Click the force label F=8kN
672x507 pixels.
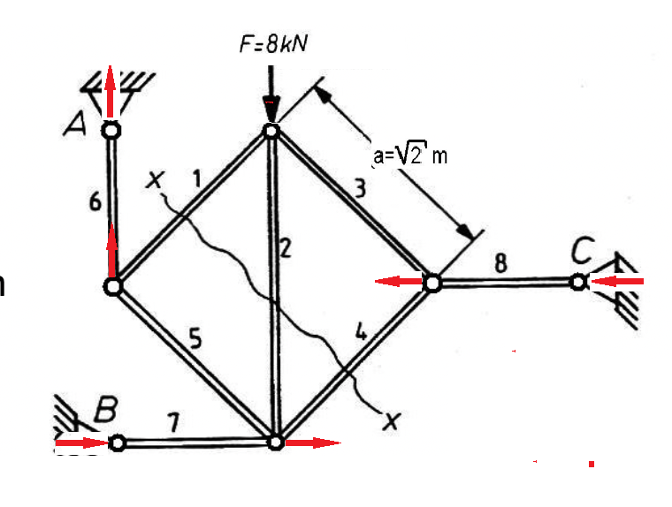coord(273,44)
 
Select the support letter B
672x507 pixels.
coord(105,409)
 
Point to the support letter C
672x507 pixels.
coord(583,250)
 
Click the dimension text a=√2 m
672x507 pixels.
coord(409,155)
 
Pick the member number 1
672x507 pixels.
coord(196,178)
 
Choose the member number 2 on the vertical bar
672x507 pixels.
coord(285,247)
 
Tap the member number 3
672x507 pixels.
coord(361,188)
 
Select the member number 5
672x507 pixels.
coord(195,338)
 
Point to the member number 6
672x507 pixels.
coord(95,201)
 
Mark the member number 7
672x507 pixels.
coord(172,423)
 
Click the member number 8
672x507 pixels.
coord(500,262)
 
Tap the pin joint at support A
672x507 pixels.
coord(111,130)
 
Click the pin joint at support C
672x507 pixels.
coord(578,282)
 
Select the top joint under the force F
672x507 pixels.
coord(271,131)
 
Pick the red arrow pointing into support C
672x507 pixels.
coord(616,282)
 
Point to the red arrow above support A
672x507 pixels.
coord(111,91)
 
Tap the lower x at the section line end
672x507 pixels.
coord(392,421)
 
